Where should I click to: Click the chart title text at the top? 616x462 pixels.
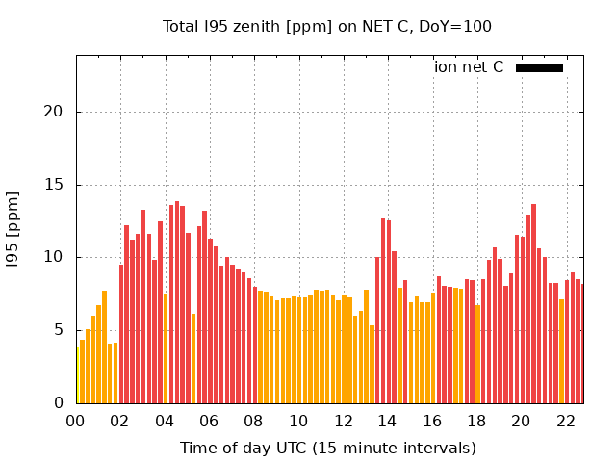[326, 26]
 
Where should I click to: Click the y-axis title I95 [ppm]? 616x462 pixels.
[13, 228]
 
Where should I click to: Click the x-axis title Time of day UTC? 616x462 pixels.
[327, 448]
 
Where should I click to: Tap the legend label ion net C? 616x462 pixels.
[469, 67]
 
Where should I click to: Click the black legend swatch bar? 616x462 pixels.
[539, 67]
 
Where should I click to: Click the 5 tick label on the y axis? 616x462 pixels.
[60, 330]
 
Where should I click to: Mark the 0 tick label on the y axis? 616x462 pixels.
[60, 403]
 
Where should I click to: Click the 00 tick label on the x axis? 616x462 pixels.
[75, 421]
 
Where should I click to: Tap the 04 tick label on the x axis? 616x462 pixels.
[165, 421]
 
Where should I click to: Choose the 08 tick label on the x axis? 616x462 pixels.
[254, 421]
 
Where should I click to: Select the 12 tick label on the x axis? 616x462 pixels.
[343, 421]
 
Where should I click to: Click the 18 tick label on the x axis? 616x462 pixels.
[476, 421]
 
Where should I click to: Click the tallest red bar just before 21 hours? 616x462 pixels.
[533, 303]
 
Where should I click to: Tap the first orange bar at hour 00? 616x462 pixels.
[77, 375]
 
